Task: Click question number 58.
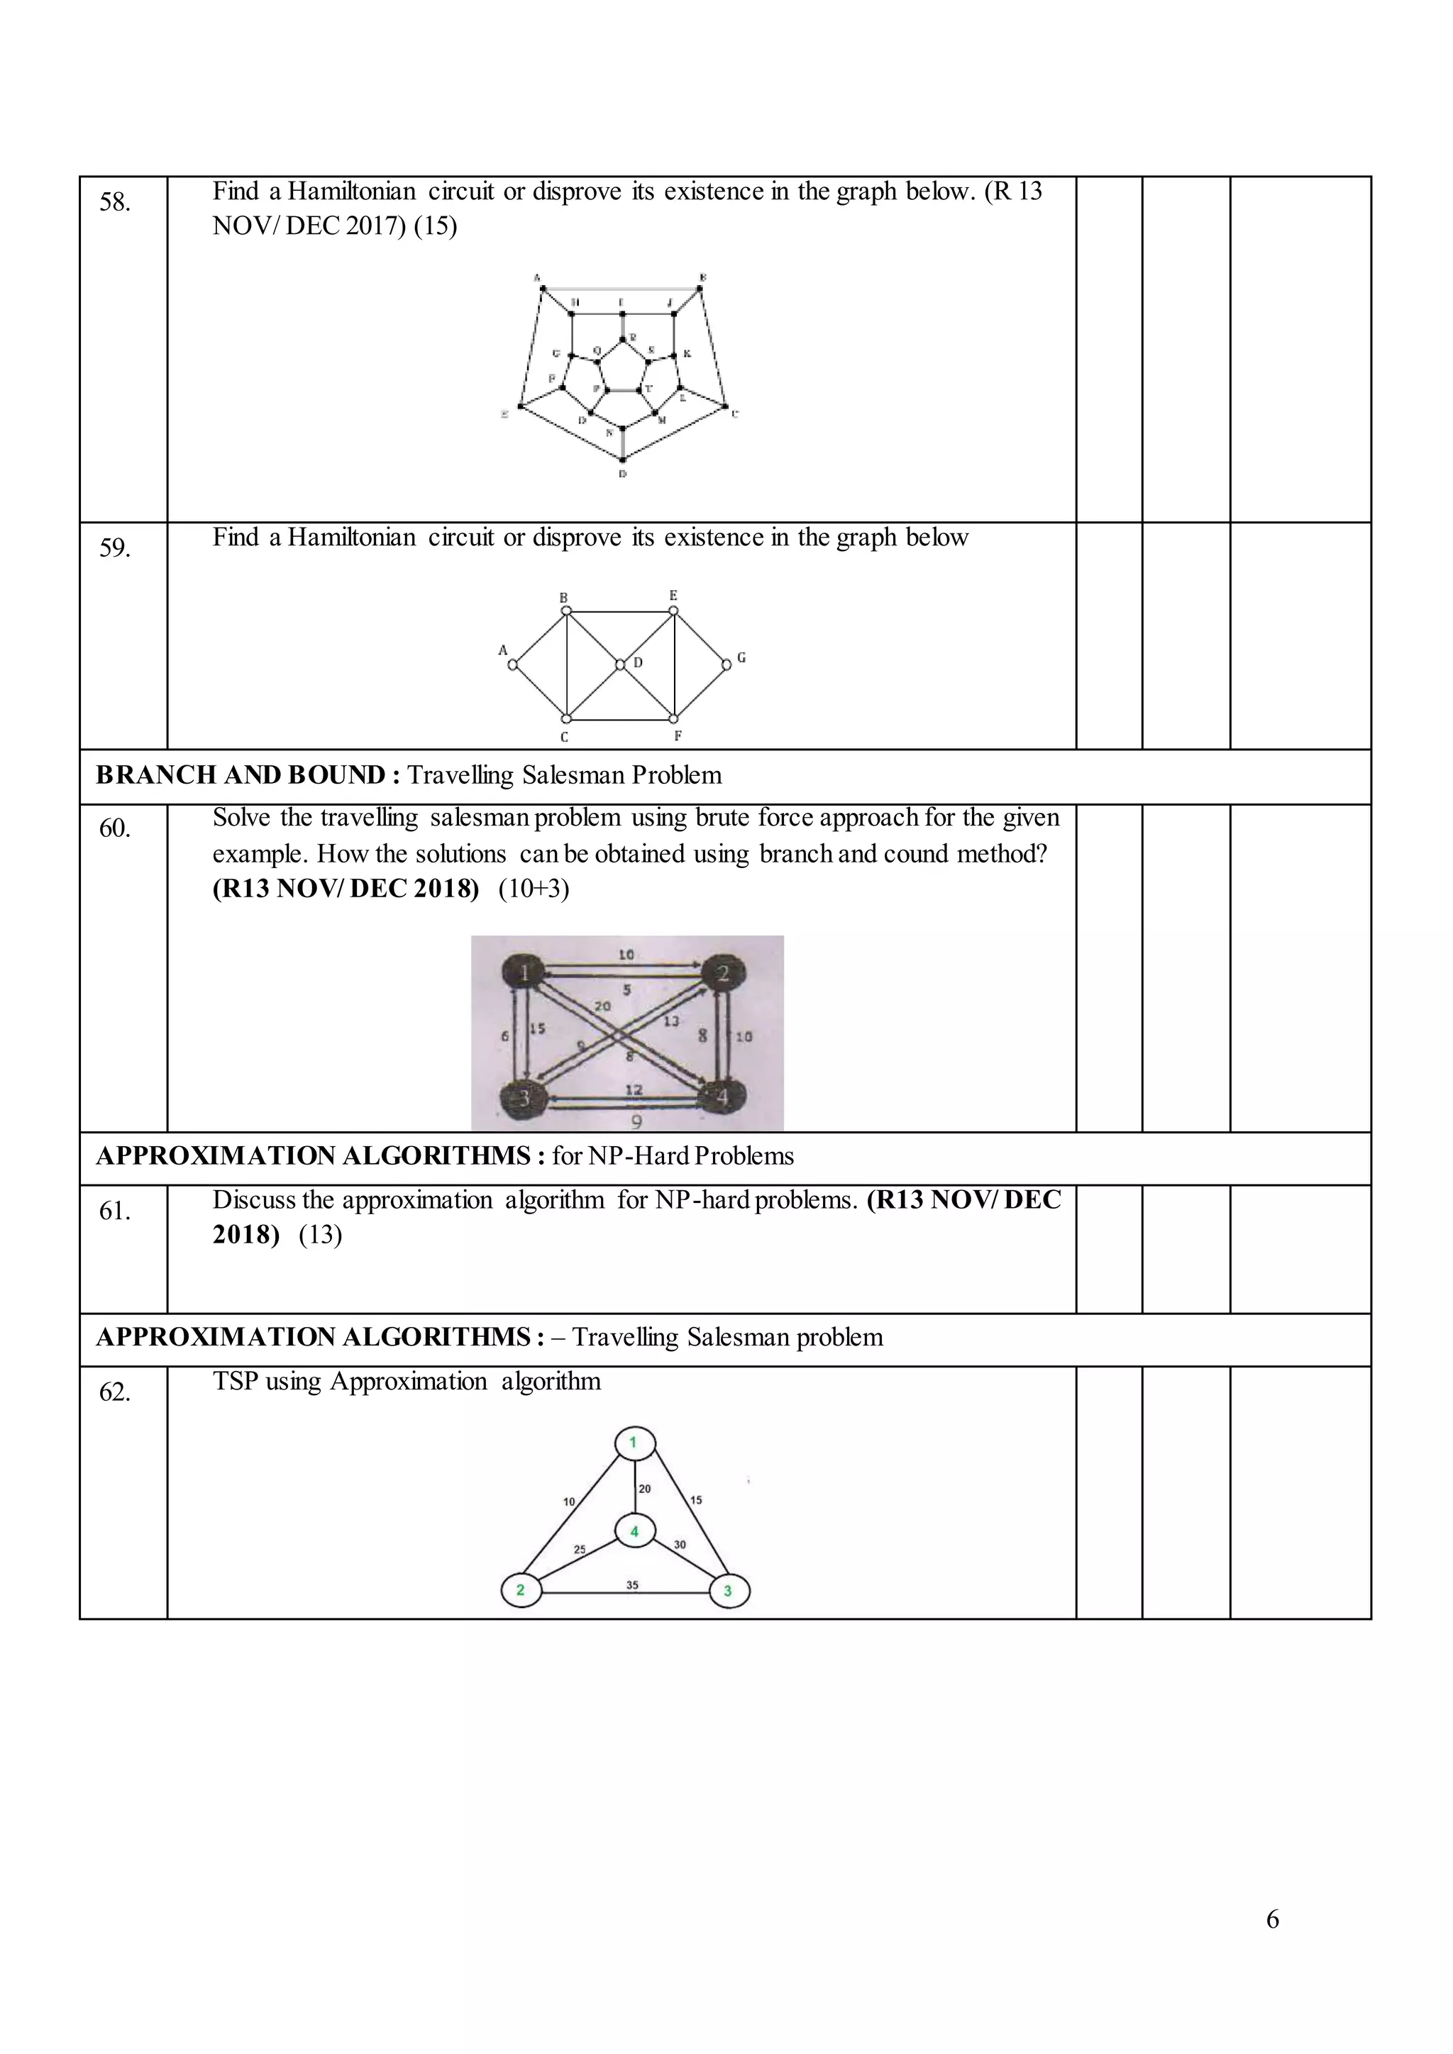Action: (x=114, y=202)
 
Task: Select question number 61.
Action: (x=114, y=1211)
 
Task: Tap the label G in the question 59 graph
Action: (x=741, y=657)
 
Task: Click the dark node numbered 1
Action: (x=524, y=972)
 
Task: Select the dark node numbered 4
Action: (x=722, y=1096)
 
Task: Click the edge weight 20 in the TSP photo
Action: (x=602, y=1006)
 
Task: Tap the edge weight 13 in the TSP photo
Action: (x=671, y=1021)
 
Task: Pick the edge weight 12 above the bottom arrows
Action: (x=634, y=1089)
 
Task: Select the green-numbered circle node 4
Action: (x=635, y=1531)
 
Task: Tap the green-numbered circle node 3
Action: (x=729, y=1591)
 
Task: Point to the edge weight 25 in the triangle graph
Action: (x=580, y=1550)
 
